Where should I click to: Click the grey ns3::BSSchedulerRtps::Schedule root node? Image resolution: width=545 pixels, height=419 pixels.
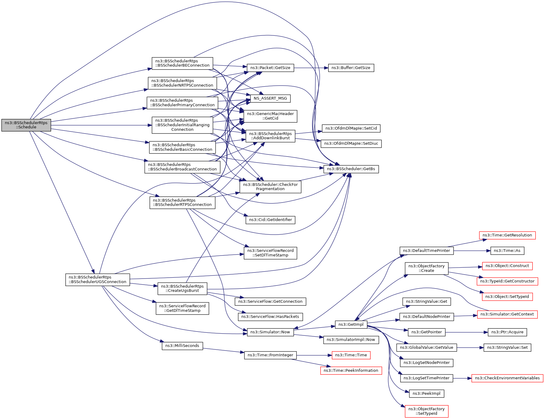point(26,125)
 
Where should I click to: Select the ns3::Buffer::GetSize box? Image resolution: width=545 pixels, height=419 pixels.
point(351,68)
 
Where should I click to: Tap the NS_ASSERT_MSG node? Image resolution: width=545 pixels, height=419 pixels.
point(270,98)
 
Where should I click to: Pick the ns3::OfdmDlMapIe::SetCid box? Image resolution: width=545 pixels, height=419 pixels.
point(351,128)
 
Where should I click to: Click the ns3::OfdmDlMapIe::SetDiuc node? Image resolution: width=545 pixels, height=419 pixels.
point(351,144)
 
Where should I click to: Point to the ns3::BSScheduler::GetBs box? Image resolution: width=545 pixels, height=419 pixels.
point(351,169)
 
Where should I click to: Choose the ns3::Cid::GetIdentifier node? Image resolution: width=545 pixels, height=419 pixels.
point(270,220)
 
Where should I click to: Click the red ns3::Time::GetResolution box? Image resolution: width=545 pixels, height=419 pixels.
point(507,235)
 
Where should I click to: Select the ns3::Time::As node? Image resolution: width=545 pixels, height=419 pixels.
point(507,251)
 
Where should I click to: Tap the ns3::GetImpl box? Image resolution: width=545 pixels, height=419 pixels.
point(351,325)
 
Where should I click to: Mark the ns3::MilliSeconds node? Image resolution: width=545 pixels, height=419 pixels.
point(182,346)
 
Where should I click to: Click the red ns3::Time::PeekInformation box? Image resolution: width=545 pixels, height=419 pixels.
point(351,371)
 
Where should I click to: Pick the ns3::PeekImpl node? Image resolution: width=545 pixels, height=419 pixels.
point(426,394)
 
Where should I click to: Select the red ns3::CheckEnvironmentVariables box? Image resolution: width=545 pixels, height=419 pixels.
point(507,378)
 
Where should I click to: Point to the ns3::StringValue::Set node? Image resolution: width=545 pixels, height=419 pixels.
point(507,348)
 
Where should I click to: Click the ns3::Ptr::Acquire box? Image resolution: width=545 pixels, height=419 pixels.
point(507,332)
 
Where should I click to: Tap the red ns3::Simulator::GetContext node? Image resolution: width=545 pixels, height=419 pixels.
point(507,314)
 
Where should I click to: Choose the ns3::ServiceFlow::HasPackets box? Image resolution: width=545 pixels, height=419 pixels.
point(270,317)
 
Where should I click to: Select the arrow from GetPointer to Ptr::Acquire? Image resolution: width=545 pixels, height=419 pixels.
point(467,332)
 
